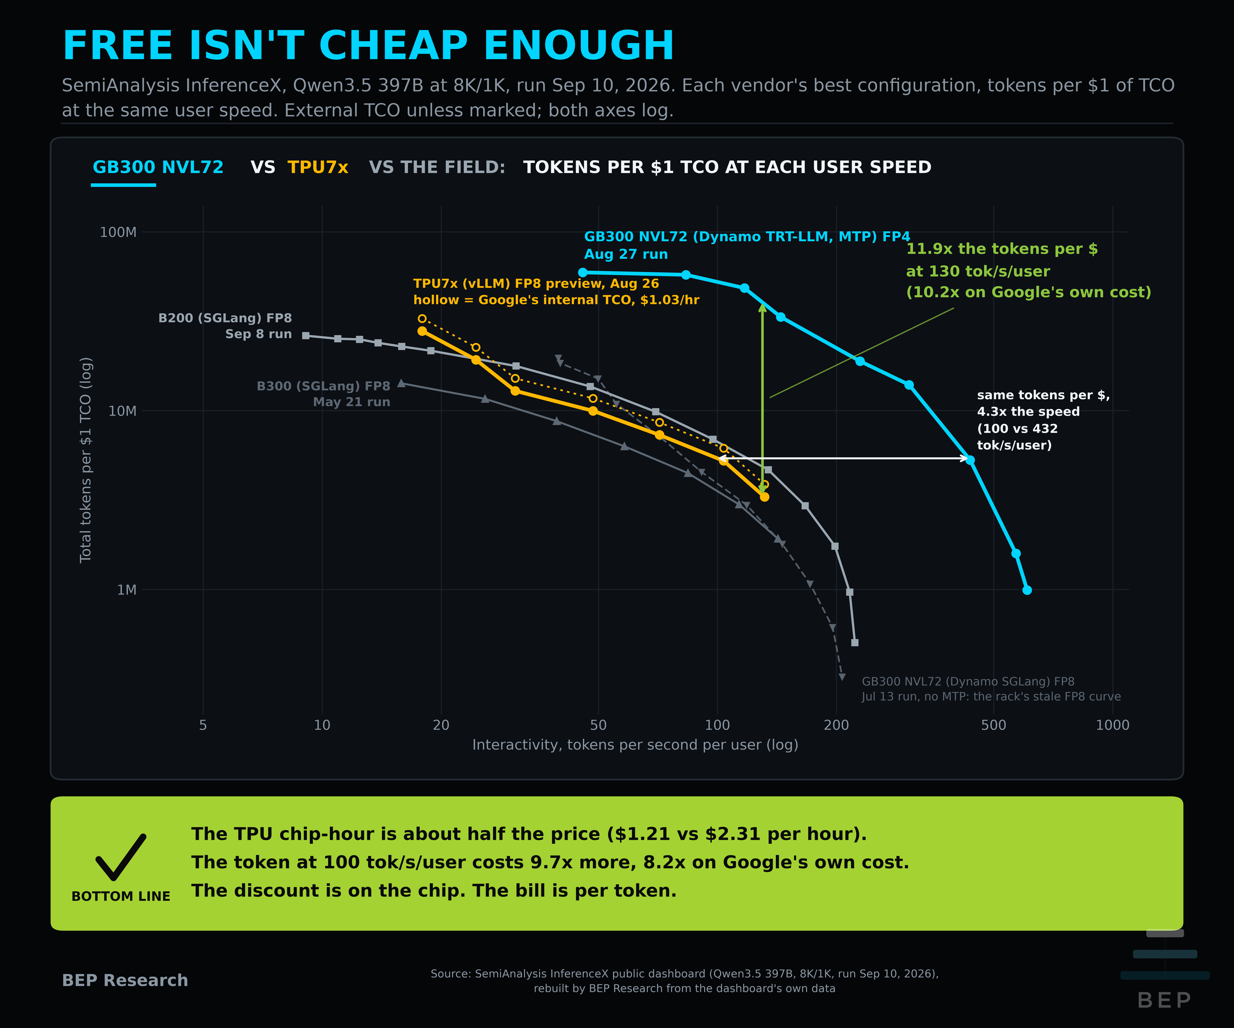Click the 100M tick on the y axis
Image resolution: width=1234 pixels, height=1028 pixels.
coord(118,232)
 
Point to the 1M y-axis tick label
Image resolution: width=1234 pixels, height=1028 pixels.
coord(126,590)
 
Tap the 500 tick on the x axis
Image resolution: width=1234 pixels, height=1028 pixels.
coord(994,725)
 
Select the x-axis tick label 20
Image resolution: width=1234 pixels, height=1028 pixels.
coord(441,725)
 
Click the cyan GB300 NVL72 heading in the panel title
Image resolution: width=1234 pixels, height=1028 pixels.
coord(158,167)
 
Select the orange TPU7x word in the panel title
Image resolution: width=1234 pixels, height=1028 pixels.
coord(318,167)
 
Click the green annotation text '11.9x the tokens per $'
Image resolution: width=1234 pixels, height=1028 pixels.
coord(1002,249)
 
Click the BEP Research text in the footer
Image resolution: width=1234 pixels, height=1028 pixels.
coord(125,980)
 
